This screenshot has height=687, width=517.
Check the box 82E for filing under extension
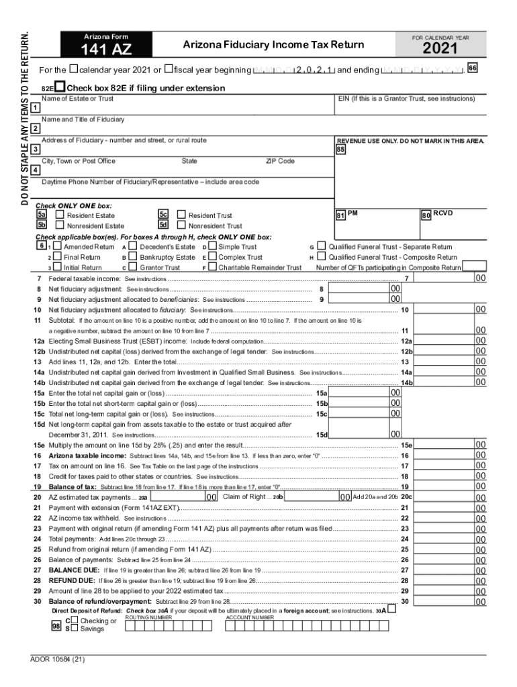point(60,88)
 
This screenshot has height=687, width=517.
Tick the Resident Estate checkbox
point(60,215)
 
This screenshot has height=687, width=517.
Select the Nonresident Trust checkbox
point(181,226)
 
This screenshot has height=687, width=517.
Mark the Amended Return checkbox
point(58,247)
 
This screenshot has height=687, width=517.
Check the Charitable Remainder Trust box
point(213,267)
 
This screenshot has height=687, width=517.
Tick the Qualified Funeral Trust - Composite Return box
point(322,257)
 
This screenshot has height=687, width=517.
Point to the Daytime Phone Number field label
point(150,182)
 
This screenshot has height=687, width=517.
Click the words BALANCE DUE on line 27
point(73,570)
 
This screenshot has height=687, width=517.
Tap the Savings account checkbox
point(75,629)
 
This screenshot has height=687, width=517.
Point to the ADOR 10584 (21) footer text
point(58,658)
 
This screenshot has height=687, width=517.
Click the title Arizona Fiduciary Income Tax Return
point(274,45)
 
